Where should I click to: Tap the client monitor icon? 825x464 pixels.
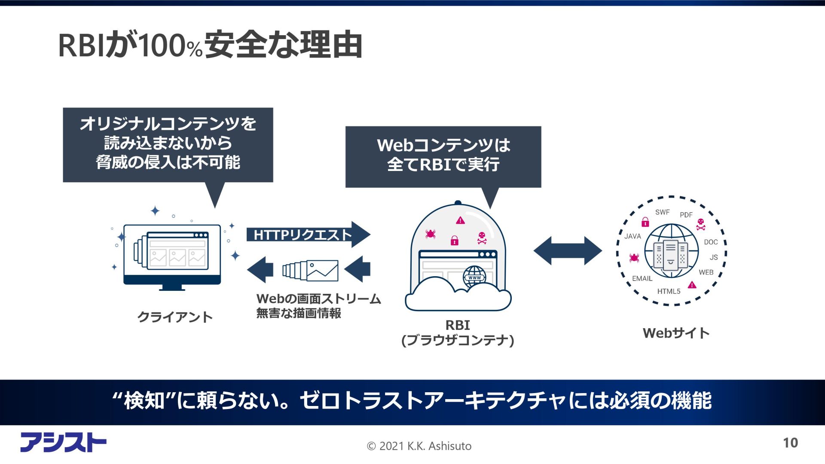(x=172, y=255)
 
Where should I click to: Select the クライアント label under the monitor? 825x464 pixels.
(x=175, y=317)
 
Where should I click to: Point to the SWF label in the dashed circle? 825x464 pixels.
(x=662, y=212)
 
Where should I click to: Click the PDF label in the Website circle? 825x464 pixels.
(x=686, y=215)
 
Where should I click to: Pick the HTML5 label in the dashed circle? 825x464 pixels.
(x=669, y=291)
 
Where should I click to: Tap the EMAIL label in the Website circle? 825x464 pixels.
(x=642, y=278)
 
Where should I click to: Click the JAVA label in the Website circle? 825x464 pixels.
(x=632, y=236)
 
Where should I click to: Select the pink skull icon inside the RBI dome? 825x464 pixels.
(x=482, y=238)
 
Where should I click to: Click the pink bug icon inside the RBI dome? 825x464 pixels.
(x=430, y=234)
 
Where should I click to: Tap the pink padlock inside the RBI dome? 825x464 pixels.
(x=454, y=240)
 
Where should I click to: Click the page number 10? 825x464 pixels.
(x=790, y=443)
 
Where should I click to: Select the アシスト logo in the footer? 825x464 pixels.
(x=63, y=442)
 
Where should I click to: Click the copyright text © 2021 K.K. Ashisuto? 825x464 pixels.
(x=419, y=446)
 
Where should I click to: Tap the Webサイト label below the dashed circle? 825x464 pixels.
(x=676, y=333)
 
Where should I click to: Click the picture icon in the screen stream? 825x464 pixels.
(x=322, y=271)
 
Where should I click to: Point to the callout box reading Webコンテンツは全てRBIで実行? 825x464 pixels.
(x=443, y=156)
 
